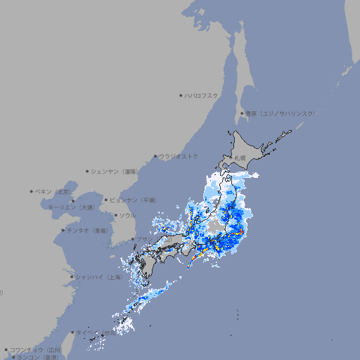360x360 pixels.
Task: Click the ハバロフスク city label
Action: click(202, 95)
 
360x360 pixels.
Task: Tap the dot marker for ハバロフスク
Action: click(181, 95)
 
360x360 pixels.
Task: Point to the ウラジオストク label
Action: click(179, 156)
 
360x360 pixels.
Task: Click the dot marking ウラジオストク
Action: click(155, 156)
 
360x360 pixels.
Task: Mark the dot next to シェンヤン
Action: click(87, 171)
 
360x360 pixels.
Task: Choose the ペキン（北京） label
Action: click(55, 191)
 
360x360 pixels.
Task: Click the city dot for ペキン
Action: click(32, 191)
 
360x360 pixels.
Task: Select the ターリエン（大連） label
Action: click(71, 207)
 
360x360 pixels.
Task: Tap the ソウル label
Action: click(127, 215)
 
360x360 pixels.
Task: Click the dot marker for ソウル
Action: click(114, 215)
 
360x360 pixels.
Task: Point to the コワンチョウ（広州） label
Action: click(36, 349)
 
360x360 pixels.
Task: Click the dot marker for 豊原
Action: click(242, 113)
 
